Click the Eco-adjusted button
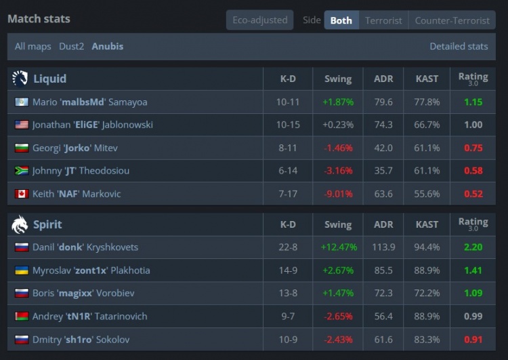pyautogui.click(x=260, y=20)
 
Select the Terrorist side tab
pyautogui.click(x=383, y=20)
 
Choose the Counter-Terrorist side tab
pyautogui.click(x=452, y=20)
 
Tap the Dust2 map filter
pyautogui.click(x=72, y=46)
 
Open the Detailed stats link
pyautogui.click(x=459, y=46)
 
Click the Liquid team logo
pyautogui.click(x=20, y=79)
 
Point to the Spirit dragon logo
pyautogui.click(x=20, y=224)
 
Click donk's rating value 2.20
pyautogui.click(x=473, y=247)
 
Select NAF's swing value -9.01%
pyautogui.click(x=338, y=194)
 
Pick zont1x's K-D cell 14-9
pyautogui.click(x=288, y=270)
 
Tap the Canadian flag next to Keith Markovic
pyautogui.click(x=22, y=194)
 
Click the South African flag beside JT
pyautogui.click(x=22, y=171)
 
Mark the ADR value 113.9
pyautogui.click(x=383, y=247)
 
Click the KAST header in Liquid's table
pyautogui.click(x=427, y=79)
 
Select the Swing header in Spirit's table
pyautogui.click(x=338, y=224)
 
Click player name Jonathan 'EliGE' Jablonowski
pyautogui.click(x=93, y=125)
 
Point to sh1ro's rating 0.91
pyautogui.click(x=473, y=340)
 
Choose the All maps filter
pyautogui.click(x=33, y=46)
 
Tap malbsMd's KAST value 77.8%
pyautogui.click(x=427, y=102)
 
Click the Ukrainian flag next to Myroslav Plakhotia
pyautogui.click(x=22, y=270)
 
